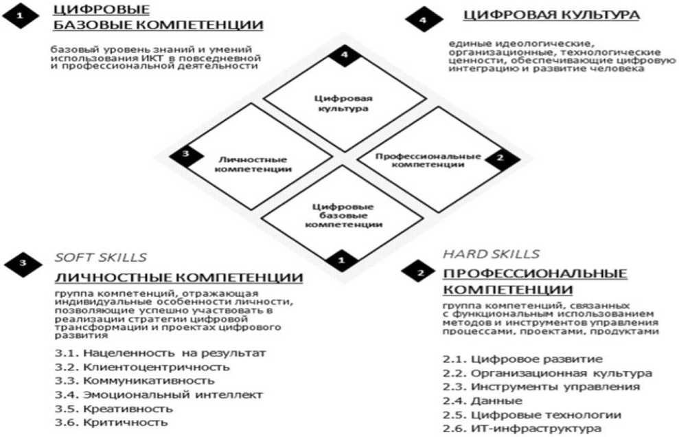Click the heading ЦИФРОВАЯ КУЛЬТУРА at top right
pyautogui.click(x=552, y=15)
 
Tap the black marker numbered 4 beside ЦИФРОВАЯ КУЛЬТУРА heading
pyautogui.click(x=422, y=20)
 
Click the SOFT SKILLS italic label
pyautogui.click(x=100, y=258)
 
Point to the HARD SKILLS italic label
pyautogui.click(x=491, y=254)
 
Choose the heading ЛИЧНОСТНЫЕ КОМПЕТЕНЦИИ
pyautogui.click(x=179, y=278)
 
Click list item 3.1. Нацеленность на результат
pyautogui.click(x=161, y=353)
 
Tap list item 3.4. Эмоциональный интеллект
pyautogui.click(x=159, y=394)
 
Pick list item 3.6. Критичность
pyautogui.click(x=111, y=422)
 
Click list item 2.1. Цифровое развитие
pyautogui.click(x=522, y=359)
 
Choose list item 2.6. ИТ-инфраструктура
pyautogui.click(x=522, y=428)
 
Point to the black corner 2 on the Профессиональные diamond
pyautogui.click(x=499, y=157)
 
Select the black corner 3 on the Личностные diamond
pyautogui.click(x=184, y=154)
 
